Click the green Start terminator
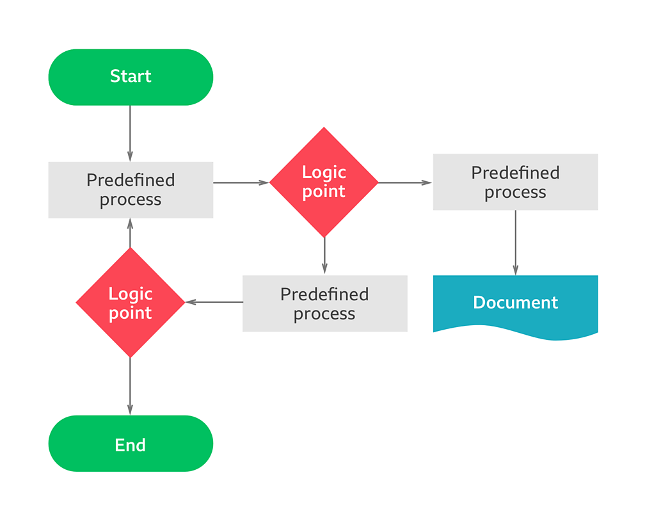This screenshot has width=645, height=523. [x=131, y=77]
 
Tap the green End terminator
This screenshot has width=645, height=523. [x=131, y=444]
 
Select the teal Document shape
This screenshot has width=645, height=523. [x=515, y=303]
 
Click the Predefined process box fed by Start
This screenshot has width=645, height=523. [x=131, y=189]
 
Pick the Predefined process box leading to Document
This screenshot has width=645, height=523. [x=515, y=182]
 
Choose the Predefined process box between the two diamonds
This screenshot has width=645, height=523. [x=324, y=303]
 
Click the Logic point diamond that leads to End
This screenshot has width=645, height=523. [x=131, y=303]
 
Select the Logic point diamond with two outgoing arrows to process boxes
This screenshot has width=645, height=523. [x=324, y=182]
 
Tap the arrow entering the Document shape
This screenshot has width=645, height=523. [x=515, y=243]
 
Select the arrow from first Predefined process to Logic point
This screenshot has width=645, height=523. [x=241, y=182]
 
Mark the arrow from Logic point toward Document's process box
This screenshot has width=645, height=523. [x=405, y=182]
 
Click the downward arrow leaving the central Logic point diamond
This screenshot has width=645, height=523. [x=324, y=255]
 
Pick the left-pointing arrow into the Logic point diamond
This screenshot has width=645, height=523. [x=214, y=302]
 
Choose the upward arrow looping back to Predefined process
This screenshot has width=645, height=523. [x=131, y=233]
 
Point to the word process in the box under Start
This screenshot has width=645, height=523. [x=131, y=200]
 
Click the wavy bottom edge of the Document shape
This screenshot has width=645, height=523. [x=515, y=334]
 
